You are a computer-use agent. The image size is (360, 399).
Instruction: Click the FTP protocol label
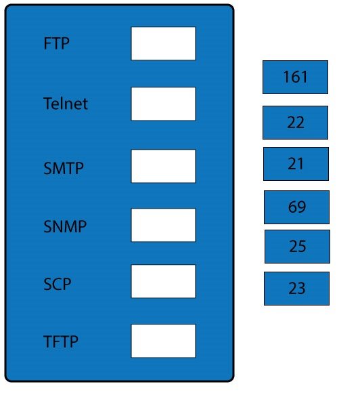56,43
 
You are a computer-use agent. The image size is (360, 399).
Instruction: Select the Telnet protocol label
66,104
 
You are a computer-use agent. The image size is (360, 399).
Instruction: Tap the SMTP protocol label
64,168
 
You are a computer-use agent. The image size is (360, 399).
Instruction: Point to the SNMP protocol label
65,226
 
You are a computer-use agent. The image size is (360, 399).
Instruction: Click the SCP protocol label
58,284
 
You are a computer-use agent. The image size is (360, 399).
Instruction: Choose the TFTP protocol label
61,341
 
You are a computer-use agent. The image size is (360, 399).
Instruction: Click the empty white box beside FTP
164,43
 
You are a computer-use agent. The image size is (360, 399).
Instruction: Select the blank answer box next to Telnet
164,104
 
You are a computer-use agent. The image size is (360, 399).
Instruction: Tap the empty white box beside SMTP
164,166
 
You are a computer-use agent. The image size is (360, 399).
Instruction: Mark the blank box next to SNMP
164,225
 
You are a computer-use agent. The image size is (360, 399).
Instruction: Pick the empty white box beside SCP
164,281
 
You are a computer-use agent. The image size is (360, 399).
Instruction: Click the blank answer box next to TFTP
164,341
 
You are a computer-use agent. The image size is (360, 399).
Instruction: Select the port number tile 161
295,77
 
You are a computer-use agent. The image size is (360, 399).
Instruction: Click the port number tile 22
295,123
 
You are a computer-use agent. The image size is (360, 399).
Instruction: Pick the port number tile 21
296,164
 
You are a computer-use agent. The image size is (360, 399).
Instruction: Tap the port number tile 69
296,207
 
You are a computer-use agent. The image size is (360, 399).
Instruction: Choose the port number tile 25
297,247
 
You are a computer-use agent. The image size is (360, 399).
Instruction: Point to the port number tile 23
296,289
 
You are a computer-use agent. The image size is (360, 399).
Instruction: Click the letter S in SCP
48,284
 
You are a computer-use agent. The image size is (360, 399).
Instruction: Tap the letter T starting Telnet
48,104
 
